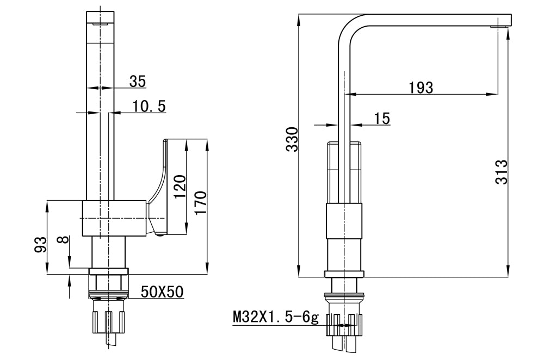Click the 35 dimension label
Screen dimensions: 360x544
click(x=138, y=81)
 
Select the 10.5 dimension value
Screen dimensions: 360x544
click(x=149, y=107)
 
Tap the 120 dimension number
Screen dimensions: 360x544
click(x=180, y=186)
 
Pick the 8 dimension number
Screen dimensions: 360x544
click(x=65, y=239)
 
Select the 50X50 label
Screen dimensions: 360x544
click(x=162, y=292)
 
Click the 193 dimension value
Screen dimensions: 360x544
click(x=421, y=87)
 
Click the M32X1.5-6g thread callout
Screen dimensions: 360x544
click(x=275, y=317)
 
